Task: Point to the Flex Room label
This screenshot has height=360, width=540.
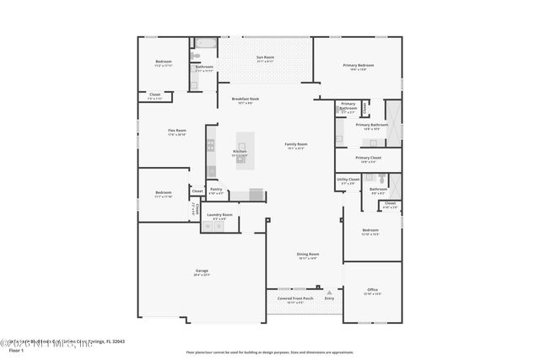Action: (176, 132)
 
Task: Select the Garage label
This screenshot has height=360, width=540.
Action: (202, 272)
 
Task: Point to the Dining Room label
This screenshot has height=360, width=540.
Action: (307, 255)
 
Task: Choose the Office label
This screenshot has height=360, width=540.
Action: (372, 292)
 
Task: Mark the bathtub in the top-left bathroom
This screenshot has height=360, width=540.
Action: (204, 42)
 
